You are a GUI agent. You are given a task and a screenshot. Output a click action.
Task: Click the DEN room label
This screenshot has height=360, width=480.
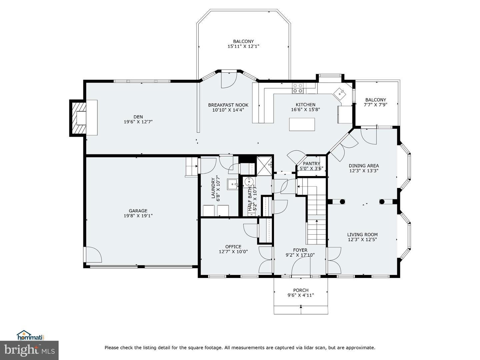point(138,117)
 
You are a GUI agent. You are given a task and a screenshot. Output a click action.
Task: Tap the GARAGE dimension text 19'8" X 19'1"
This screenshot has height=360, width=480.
point(138,216)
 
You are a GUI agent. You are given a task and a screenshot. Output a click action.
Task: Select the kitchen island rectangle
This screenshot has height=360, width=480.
point(302,124)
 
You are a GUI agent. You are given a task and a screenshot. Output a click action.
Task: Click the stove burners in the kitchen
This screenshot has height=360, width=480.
point(298,88)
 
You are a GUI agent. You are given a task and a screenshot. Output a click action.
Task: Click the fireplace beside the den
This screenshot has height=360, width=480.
point(80,118)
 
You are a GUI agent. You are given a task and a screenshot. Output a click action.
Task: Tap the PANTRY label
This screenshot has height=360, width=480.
point(311,163)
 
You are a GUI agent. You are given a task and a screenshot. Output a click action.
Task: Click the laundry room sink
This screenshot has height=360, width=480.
point(232,184)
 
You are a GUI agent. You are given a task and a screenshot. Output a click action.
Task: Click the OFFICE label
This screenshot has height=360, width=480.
point(233,247)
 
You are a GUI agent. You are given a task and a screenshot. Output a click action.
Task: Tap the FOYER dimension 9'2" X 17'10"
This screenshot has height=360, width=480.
point(300,255)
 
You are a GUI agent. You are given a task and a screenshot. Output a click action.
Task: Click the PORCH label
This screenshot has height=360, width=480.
point(301,290)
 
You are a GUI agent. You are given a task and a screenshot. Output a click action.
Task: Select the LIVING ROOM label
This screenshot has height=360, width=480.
point(362,234)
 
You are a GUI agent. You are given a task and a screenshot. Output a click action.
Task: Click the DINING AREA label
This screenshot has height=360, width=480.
point(364,166)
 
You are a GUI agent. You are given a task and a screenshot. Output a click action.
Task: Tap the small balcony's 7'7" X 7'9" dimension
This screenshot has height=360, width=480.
point(376,105)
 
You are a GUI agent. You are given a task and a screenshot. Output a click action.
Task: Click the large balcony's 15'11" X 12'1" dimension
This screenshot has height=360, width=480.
point(243,46)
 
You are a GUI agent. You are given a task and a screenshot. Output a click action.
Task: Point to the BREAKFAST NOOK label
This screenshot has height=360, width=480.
point(228,105)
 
